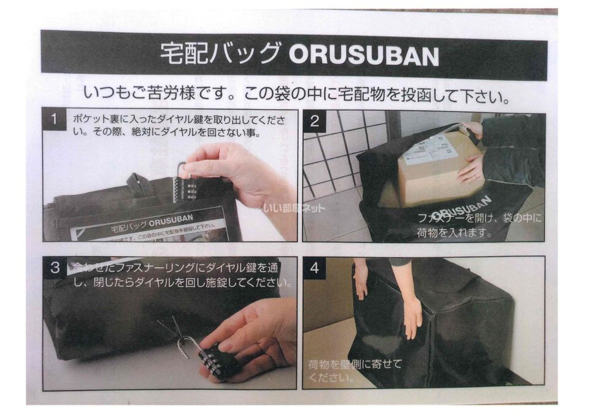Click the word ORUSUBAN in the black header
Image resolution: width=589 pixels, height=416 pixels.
tap(363, 56)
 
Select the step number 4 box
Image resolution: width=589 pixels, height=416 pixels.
tap(315, 268)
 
